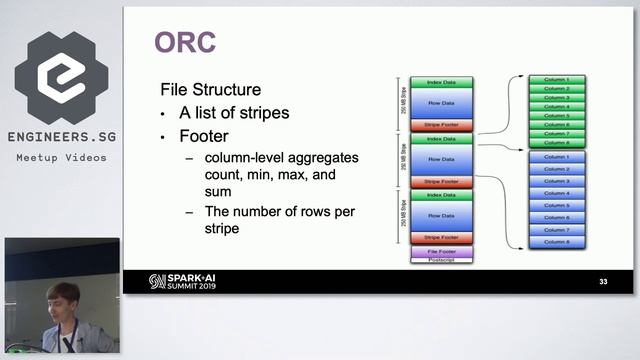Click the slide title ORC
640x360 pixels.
(x=185, y=42)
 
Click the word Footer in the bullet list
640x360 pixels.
(x=203, y=135)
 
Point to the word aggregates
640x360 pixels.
(x=326, y=159)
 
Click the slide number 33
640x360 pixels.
(x=603, y=281)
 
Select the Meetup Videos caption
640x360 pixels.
(x=61, y=157)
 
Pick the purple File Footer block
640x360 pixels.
(x=441, y=251)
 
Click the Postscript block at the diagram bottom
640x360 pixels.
(x=441, y=259)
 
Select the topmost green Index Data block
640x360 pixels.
(x=441, y=82)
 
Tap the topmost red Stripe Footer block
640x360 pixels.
(x=441, y=125)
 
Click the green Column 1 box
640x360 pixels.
(x=556, y=79)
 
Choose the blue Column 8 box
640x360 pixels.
(x=556, y=242)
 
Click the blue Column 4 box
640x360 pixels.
(x=556, y=193)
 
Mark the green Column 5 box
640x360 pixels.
(x=556, y=115)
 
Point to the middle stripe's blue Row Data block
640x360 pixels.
(x=441, y=159)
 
